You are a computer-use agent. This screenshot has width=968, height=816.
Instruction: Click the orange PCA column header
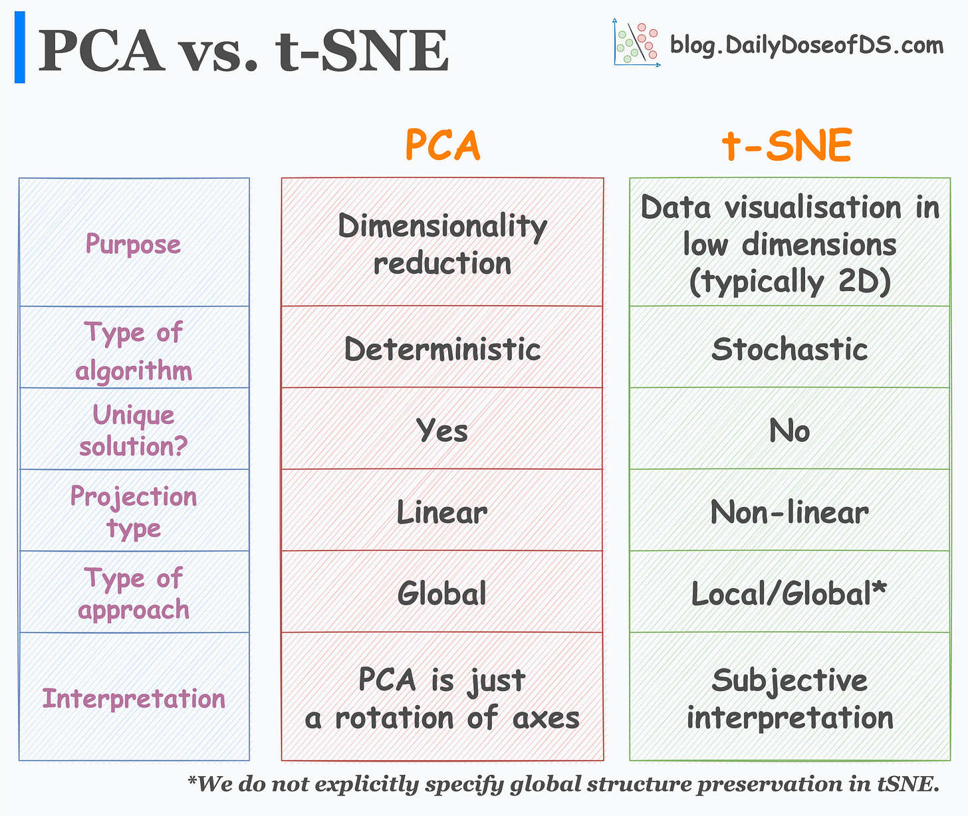tap(442, 146)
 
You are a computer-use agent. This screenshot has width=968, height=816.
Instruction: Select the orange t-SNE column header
tap(787, 146)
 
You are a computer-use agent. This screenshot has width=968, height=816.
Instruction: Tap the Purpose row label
tap(133, 244)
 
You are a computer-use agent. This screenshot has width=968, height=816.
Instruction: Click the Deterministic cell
tap(442, 349)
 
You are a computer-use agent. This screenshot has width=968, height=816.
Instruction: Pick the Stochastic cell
tap(789, 349)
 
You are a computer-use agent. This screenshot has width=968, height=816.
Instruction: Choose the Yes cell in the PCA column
tap(442, 430)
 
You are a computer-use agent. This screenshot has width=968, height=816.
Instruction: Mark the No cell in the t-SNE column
tap(789, 431)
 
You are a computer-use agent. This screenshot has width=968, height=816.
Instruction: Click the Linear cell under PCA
tap(442, 512)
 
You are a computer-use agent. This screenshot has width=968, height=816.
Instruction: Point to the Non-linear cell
tap(789, 512)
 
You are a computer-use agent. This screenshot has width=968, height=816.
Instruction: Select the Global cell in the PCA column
tap(442, 593)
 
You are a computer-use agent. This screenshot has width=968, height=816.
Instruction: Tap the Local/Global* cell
tap(789, 593)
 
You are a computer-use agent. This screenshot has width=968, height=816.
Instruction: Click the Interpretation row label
tap(134, 698)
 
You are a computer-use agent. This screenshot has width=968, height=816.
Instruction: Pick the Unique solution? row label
tap(134, 430)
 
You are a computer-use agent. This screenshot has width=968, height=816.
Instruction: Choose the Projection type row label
tap(134, 512)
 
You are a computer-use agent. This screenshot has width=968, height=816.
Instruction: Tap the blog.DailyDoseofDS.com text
tap(806, 45)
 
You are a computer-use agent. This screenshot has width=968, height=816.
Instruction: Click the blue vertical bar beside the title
tap(20, 47)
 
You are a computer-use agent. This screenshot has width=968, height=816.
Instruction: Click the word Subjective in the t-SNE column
tap(789, 680)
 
